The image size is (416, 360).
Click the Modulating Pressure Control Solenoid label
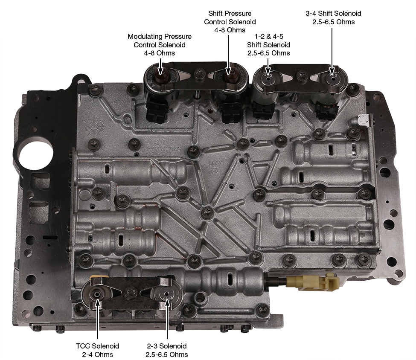160,44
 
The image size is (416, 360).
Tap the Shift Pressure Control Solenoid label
230,21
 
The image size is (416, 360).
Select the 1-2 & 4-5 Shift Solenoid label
268,44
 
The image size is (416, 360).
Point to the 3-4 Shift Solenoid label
333,17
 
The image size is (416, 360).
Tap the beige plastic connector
313,282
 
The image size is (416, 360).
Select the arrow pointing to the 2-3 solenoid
167,319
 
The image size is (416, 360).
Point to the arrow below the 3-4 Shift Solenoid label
332,51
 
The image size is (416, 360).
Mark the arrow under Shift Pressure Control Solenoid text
228,55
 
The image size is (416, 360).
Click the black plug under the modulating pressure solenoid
157,112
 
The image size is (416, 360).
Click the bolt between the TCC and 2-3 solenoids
131,292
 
